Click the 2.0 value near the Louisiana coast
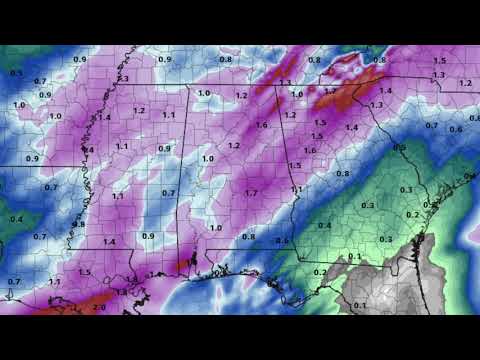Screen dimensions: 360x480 99,307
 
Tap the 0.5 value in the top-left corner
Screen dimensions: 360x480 16,73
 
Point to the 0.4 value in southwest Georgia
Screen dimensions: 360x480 324,226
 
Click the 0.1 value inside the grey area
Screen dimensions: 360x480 361,304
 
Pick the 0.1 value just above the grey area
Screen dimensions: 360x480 354,256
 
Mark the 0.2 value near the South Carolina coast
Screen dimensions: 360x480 412,215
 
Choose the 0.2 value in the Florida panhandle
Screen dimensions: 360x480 319,272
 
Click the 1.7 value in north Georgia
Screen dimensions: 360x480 331,91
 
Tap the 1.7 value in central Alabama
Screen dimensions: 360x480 252,192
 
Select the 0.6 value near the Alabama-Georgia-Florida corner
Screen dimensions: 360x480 282,241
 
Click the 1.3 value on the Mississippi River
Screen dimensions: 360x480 123,78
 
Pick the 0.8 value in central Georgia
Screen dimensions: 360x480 342,174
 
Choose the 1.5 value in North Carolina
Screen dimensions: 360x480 439,61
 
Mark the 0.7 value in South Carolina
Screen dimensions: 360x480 432,125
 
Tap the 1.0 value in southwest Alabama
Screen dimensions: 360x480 216,228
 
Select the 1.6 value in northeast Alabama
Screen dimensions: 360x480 262,125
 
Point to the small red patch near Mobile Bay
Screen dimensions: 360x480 181,264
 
